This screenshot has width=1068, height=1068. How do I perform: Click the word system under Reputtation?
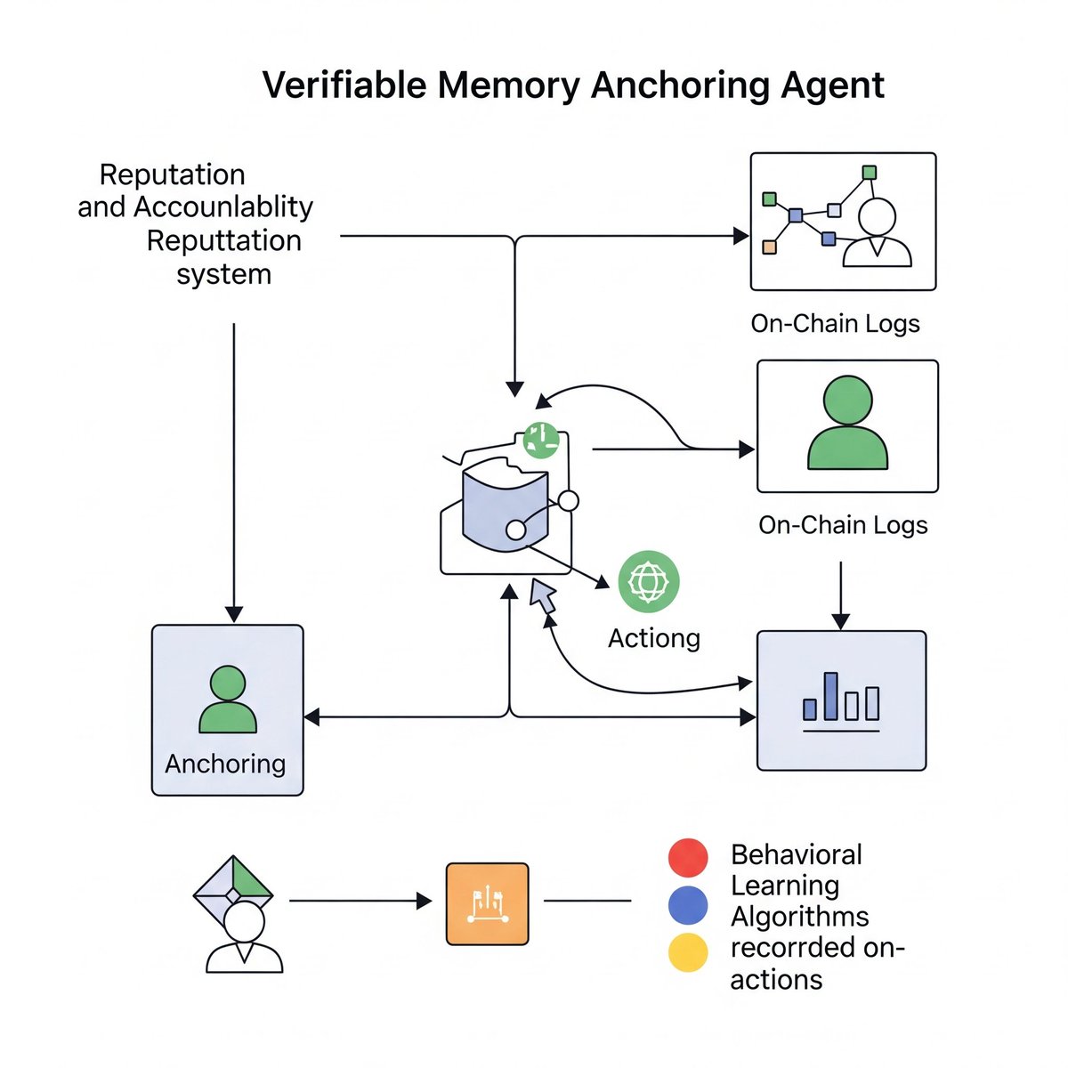(x=223, y=274)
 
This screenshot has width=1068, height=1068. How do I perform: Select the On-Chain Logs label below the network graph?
(x=835, y=323)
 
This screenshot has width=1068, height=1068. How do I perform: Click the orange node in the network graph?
(x=770, y=247)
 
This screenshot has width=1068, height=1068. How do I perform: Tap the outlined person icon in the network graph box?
(x=877, y=233)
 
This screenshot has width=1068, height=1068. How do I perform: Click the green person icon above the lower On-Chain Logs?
(x=847, y=424)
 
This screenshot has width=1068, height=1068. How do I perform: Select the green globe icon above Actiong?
(x=648, y=581)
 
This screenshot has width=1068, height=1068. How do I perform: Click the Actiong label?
(x=654, y=638)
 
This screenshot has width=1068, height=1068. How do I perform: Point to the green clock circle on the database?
(x=540, y=439)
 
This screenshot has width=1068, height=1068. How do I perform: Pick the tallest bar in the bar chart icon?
(x=830, y=695)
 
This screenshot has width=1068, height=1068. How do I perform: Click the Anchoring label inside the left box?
(x=225, y=764)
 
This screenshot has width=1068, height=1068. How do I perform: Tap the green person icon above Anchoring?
(x=228, y=700)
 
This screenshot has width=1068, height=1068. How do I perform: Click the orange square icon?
(x=487, y=903)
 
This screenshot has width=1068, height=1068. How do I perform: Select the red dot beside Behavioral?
(x=688, y=858)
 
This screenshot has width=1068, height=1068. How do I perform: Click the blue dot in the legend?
(x=688, y=906)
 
